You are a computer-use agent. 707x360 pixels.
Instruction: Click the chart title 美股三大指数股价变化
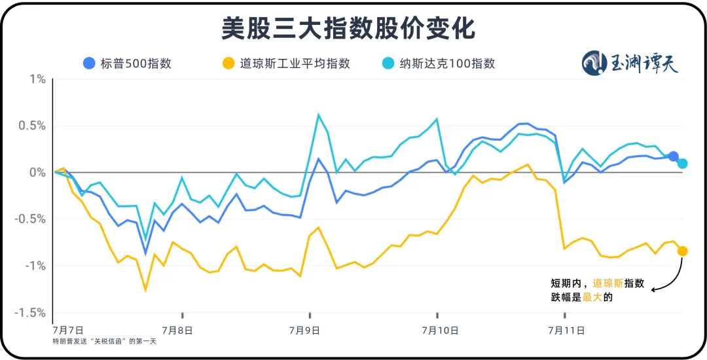point(348,28)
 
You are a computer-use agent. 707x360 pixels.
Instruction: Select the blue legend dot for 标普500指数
point(89,63)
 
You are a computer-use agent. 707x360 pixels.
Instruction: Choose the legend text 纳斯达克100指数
point(447,63)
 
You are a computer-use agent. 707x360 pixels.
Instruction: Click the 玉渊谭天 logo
point(630,63)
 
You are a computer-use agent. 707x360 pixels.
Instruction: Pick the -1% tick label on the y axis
point(36,265)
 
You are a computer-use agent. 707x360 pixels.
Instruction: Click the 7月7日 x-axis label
point(68,331)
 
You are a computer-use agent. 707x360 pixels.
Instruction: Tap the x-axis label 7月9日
point(309,331)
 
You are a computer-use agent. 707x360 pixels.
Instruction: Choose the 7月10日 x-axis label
point(439,331)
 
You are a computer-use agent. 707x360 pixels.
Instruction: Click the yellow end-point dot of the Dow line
point(682,251)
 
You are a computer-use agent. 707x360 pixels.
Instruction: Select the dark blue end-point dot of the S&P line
point(674,156)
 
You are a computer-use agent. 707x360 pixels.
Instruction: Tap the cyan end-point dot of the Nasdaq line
point(682,164)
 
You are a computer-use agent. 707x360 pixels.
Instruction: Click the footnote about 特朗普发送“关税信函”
point(105,341)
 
